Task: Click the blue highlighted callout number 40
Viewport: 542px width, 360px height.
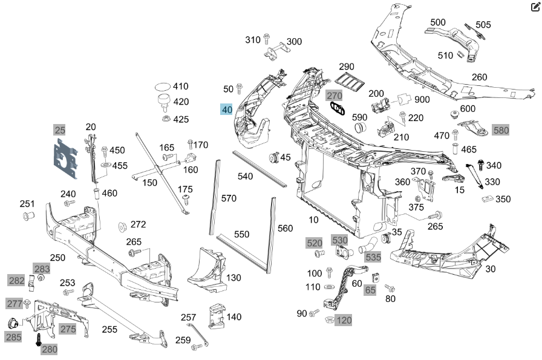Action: click(x=227, y=110)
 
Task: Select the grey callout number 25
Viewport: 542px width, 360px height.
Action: click(x=59, y=129)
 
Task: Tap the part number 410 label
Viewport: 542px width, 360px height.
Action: click(x=181, y=87)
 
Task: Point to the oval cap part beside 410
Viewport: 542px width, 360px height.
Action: click(x=163, y=86)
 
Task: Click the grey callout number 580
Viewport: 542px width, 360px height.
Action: click(x=501, y=129)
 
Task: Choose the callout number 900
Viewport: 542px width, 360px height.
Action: click(x=422, y=99)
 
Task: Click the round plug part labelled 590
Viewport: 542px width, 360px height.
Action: click(x=361, y=127)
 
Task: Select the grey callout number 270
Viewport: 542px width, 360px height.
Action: click(x=335, y=95)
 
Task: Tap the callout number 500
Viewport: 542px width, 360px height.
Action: click(x=438, y=22)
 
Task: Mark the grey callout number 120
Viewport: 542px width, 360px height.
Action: click(x=344, y=319)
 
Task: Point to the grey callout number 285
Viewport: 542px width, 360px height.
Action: click(x=13, y=336)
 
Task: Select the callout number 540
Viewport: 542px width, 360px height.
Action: click(x=245, y=176)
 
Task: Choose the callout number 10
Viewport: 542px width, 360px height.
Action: click(x=313, y=219)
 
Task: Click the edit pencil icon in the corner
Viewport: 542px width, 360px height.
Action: click(x=534, y=7)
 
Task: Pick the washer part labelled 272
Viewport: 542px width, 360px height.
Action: click(x=122, y=227)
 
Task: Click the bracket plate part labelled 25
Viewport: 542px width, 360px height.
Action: click(x=65, y=158)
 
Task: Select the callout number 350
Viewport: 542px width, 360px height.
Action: click(x=503, y=198)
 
